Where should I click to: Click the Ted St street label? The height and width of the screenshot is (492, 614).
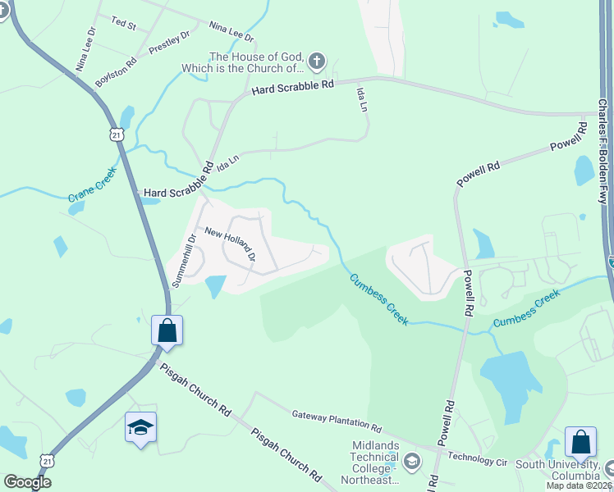(123, 25)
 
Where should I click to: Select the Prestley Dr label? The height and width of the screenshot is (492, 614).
(169, 43)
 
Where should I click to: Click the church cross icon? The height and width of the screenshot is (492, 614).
(318, 61)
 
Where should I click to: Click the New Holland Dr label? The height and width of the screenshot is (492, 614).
(230, 244)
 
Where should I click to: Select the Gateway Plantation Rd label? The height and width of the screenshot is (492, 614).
(337, 422)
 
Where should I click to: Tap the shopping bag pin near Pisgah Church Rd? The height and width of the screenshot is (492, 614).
(167, 331)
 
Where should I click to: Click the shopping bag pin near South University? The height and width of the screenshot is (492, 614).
(580, 442)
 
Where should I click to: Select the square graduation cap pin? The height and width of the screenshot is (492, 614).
(140, 427)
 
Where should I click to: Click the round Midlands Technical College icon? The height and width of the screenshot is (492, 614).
(412, 462)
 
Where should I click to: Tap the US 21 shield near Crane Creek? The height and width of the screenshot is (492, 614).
(118, 134)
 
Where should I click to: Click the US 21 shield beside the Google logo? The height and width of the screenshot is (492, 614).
(48, 461)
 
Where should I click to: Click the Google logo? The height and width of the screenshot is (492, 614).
(26, 482)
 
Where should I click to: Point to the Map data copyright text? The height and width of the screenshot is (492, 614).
(579, 485)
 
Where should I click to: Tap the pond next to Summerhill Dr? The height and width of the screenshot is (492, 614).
(214, 286)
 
